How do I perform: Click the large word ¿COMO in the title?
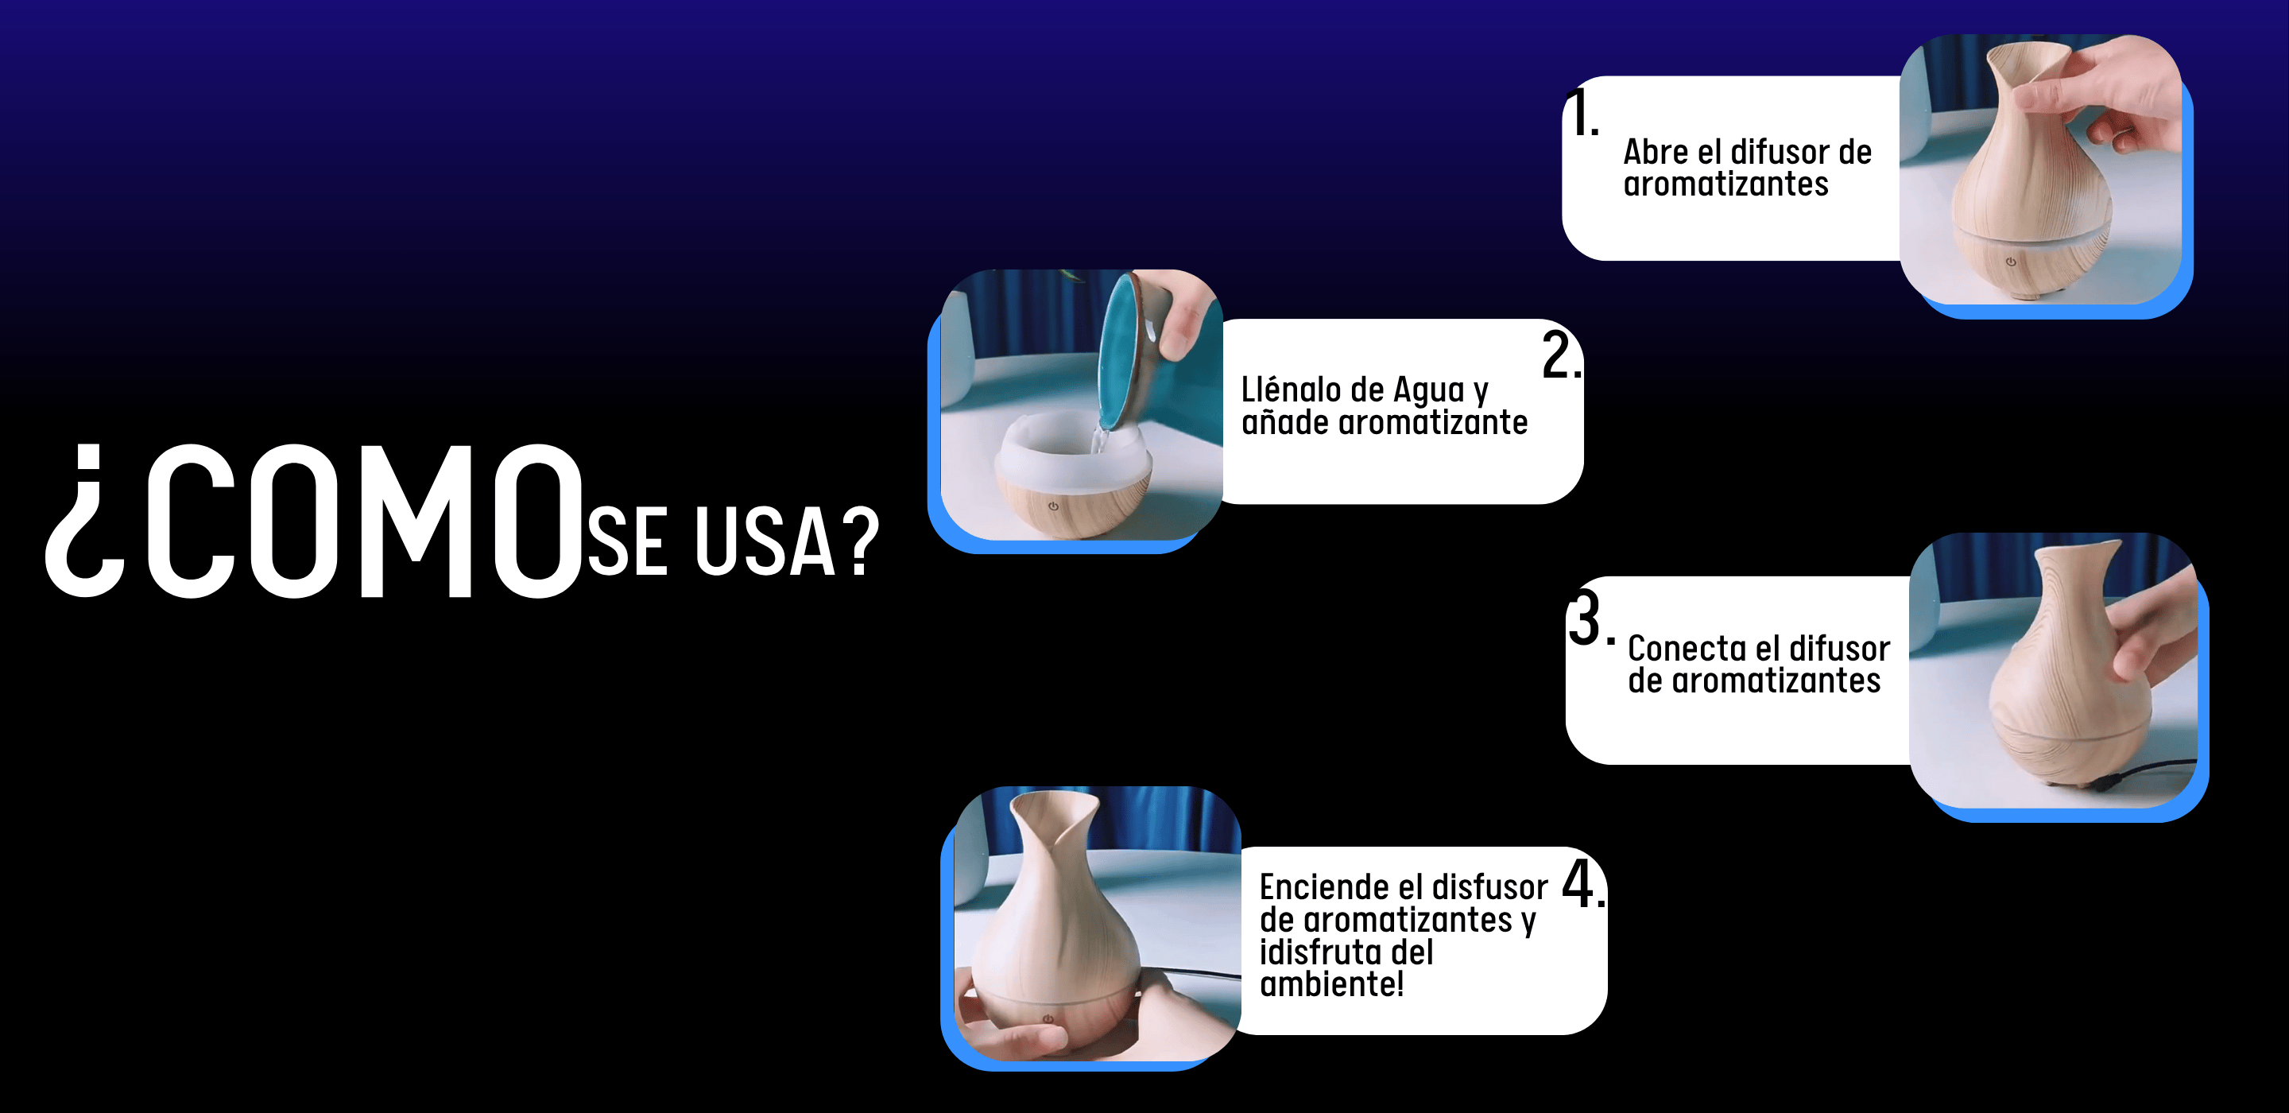pos(315,521)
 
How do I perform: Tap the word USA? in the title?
pos(786,541)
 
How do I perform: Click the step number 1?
pos(1582,113)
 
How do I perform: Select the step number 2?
pos(1561,355)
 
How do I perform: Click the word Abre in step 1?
pos(1656,152)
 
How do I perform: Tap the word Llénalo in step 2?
pos(1290,390)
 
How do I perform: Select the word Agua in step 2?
pos(1428,391)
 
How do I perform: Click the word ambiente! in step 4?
pos(1332,984)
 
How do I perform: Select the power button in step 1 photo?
pos(2011,262)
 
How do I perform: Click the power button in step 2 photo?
pos(1053,506)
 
